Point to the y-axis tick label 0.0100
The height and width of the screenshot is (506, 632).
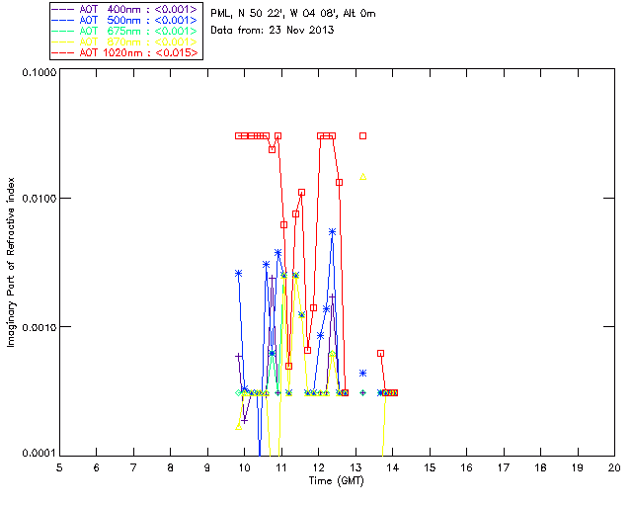click(36, 200)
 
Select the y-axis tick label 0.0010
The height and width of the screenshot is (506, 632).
click(36, 327)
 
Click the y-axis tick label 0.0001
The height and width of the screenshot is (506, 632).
click(36, 454)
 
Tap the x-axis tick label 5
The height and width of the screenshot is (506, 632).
click(59, 466)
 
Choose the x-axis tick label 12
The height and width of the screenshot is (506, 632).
click(318, 466)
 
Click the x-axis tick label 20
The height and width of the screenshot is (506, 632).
click(614, 466)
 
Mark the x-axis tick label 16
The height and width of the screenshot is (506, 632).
click(466, 466)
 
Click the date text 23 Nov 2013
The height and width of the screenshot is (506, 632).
click(299, 31)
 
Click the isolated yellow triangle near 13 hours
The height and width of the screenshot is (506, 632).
click(363, 177)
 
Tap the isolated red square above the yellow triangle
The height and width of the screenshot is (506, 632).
click(363, 135)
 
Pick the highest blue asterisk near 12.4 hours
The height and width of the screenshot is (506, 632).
click(333, 231)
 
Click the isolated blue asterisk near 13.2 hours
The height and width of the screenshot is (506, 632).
click(363, 373)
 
